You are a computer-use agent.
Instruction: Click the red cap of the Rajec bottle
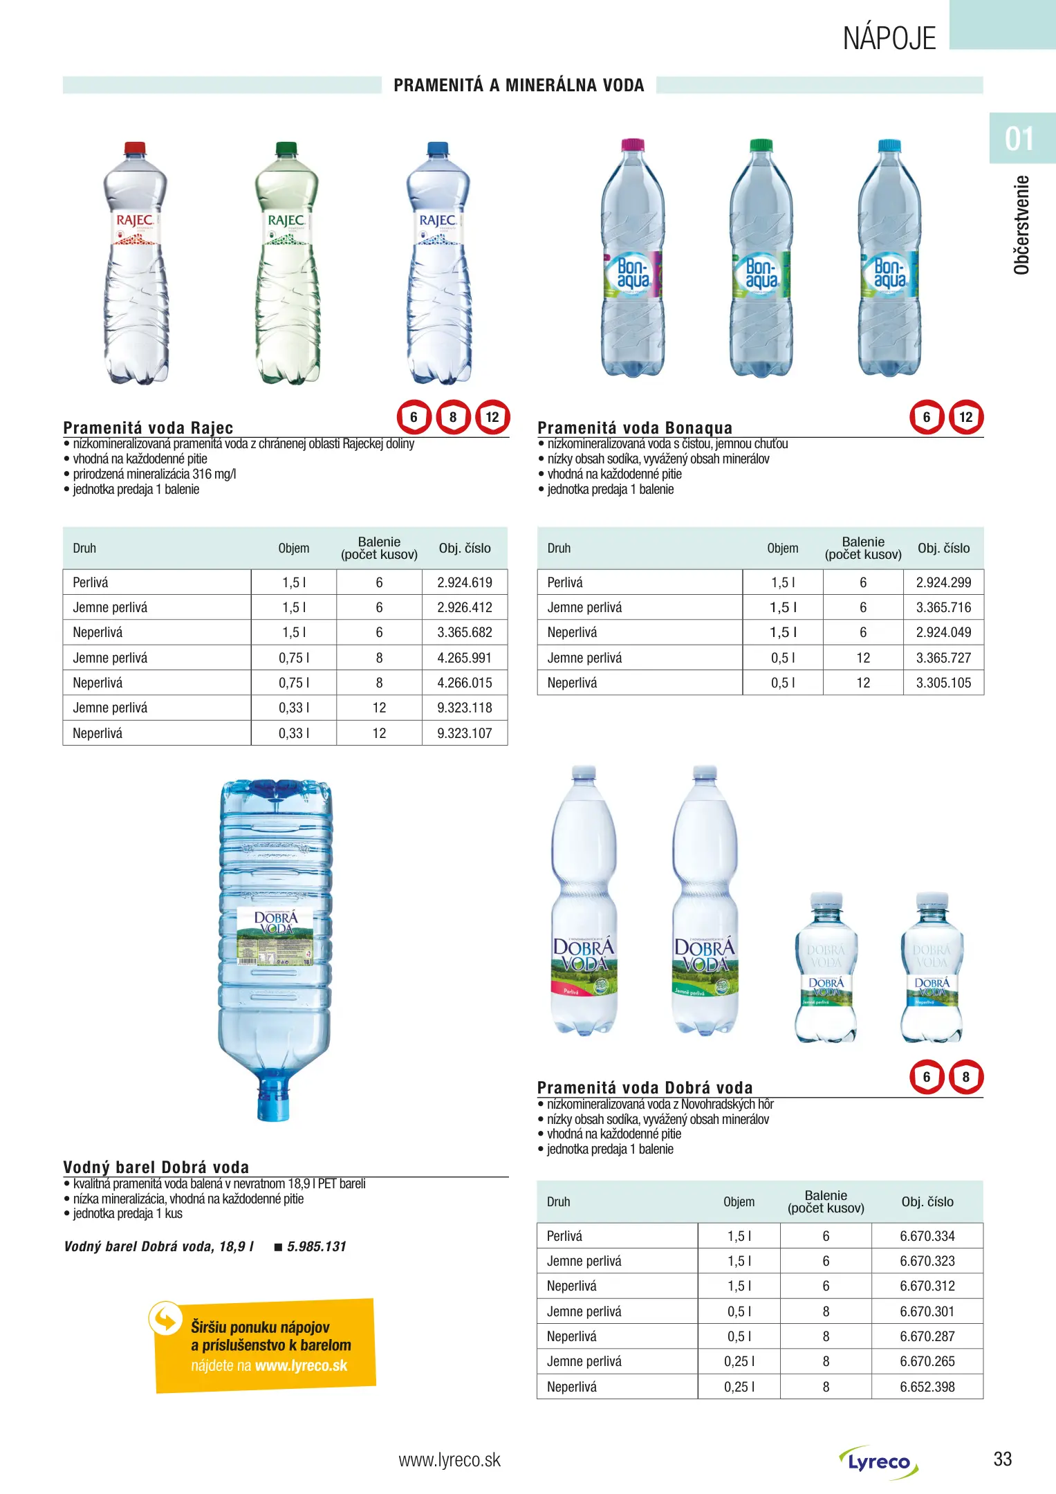pyautogui.click(x=135, y=148)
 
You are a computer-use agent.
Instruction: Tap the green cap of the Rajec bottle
pyautogui.click(x=286, y=148)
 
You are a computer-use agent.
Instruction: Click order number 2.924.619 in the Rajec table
pyautogui.click(x=464, y=582)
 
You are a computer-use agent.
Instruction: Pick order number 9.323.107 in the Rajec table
pyautogui.click(x=464, y=733)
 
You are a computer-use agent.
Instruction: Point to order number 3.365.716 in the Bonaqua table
pyautogui.click(x=943, y=607)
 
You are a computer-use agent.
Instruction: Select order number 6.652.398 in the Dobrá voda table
pyautogui.click(x=927, y=1387)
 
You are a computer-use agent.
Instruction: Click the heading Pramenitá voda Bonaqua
pyautogui.click(x=634, y=427)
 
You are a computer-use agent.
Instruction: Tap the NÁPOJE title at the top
pyautogui.click(x=889, y=38)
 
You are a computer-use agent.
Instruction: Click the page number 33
pyautogui.click(x=1002, y=1459)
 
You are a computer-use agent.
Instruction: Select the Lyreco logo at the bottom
pyautogui.click(x=879, y=1462)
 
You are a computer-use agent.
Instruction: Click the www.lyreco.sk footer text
pyautogui.click(x=450, y=1460)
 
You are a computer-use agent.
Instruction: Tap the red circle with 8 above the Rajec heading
pyautogui.click(x=453, y=417)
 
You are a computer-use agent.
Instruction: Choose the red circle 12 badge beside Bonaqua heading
pyautogui.click(x=965, y=417)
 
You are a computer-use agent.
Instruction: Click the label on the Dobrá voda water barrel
pyautogui.click(x=275, y=937)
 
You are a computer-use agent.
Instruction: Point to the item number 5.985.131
pyautogui.click(x=316, y=1246)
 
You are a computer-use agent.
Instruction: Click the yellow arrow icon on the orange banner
pyautogui.click(x=166, y=1319)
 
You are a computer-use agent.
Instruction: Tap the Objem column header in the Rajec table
pyautogui.click(x=294, y=548)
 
